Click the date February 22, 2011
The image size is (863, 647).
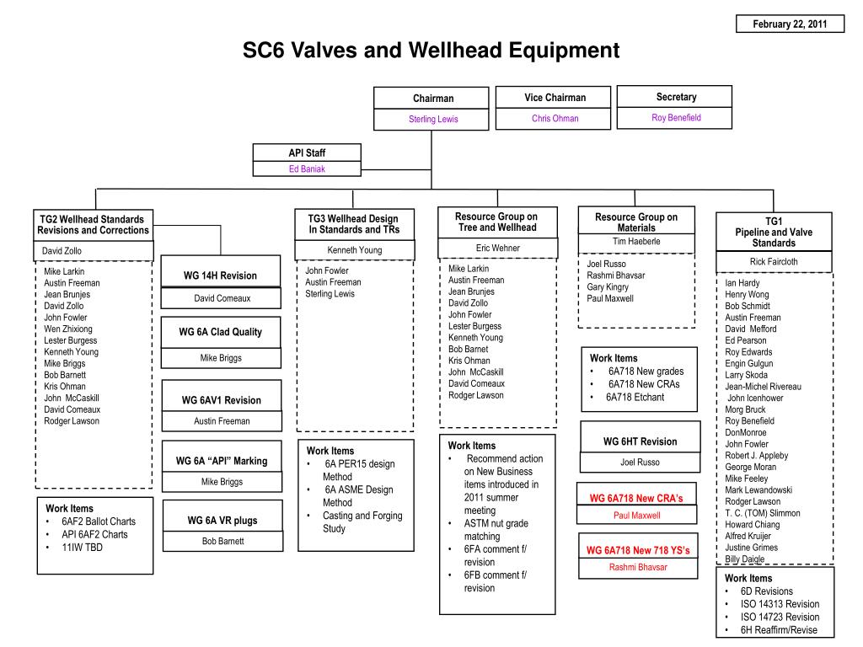click(790, 24)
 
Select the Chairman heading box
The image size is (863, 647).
click(433, 99)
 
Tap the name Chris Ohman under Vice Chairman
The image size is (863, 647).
click(555, 119)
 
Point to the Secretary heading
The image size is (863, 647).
click(676, 97)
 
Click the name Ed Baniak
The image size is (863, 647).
click(307, 168)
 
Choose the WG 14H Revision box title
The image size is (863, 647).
click(220, 275)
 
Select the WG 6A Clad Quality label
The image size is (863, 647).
click(220, 332)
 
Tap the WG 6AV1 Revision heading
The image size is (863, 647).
click(222, 400)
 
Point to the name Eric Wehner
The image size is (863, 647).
click(497, 248)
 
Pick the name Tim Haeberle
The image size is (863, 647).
click(636, 242)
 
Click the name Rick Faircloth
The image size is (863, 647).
click(774, 262)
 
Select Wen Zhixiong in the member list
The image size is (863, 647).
click(68, 329)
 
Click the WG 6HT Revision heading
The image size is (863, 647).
click(640, 441)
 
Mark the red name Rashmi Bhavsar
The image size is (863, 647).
click(638, 567)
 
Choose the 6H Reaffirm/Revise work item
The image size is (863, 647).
click(779, 630)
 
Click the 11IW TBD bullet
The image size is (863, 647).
click(82, 547)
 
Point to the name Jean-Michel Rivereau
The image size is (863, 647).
click(764, 387)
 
